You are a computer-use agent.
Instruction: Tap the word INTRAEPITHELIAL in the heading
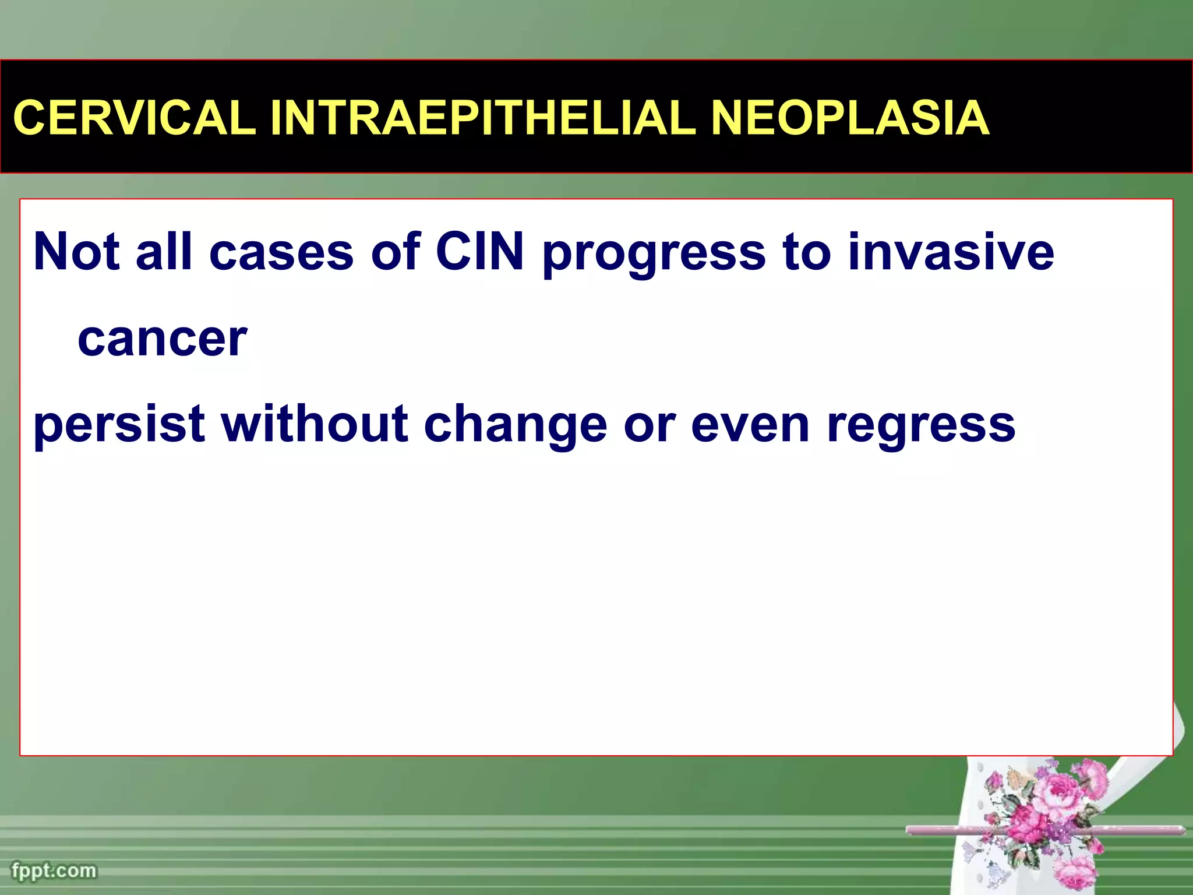point(483,118)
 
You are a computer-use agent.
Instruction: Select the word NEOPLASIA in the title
point(850,118)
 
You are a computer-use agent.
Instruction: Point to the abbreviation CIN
point(479,252)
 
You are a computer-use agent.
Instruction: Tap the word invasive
point(950,252)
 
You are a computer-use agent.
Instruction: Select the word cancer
point(163,339)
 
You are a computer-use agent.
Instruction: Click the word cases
point(281,253)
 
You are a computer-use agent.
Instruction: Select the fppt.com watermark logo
point(54,871)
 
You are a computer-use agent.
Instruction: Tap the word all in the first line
point(164,252)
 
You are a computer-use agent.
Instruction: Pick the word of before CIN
point(396,252)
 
